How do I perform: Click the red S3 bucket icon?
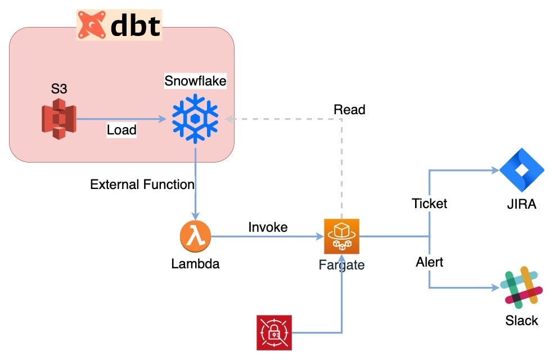(x=58, y=119)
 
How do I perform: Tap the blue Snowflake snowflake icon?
(x=195, y=119)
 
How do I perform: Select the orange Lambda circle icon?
(x=195, y=236)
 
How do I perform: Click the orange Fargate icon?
(x=341, y=236)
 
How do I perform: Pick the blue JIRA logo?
(x=521, y=171)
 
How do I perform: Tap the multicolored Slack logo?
(x=521, y=287)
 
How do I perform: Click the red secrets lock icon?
(x=274, y=333)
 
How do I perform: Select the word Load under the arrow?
(x=121, y=130)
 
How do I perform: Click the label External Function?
(x=142, y=184)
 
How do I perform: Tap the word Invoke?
(x=268, y=227)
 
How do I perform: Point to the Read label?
(x=349, y=110)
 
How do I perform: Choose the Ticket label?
(x=429, y=204)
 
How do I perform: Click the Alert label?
(x=430, y=262)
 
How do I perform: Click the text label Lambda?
(x=195, y=263)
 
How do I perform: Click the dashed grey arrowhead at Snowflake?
(x=228, y=119)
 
